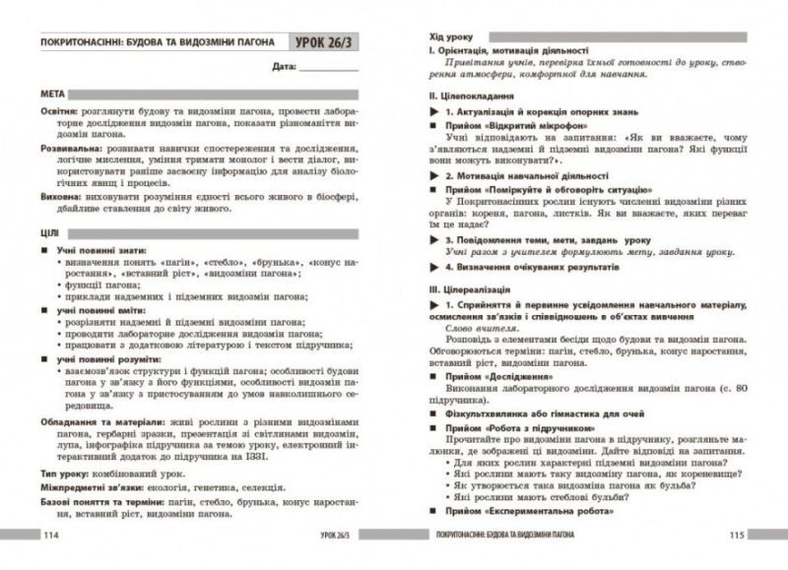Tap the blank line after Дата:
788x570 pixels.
[x=330, y=69]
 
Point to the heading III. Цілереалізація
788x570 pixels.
[x=469, y=291]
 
